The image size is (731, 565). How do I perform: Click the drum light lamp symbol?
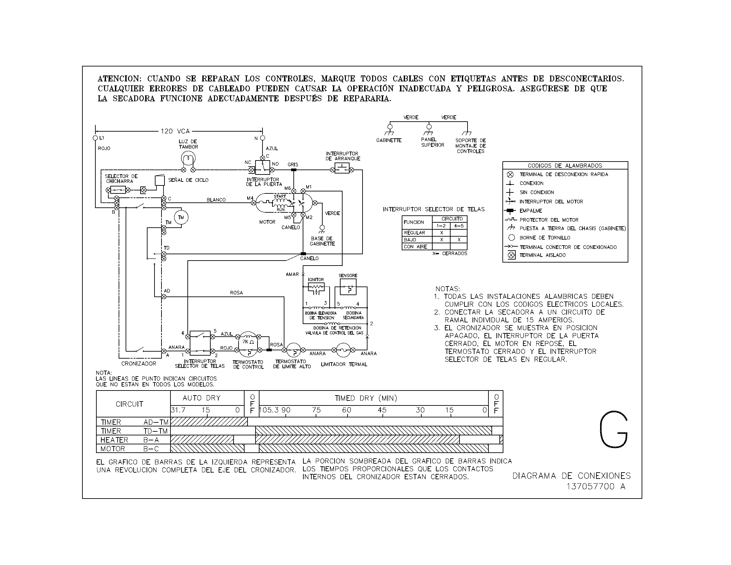pos(188,158)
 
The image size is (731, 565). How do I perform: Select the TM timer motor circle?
pos(181,218)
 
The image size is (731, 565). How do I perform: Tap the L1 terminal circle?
pos(95,138)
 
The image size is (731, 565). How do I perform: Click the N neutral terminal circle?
pos(262,138)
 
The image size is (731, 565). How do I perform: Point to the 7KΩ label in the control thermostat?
pos(248,342)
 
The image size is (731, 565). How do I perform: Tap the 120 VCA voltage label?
pos(175,131)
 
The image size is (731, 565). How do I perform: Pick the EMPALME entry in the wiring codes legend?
pos(531,210)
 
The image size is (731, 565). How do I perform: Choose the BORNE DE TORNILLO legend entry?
pos(545,238)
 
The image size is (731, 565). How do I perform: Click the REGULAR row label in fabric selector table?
pos(414,233)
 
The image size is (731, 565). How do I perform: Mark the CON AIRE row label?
pos(415,247)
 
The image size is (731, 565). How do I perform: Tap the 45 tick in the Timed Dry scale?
pos(382,410)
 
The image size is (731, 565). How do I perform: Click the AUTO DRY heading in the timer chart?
pos(201,398)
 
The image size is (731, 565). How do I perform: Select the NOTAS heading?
pos(448,288)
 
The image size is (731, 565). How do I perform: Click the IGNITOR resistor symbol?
pos(316,287)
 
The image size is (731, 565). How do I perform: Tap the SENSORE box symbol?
pos(348,287)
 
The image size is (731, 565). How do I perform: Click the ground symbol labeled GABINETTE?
pos(390,130)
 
